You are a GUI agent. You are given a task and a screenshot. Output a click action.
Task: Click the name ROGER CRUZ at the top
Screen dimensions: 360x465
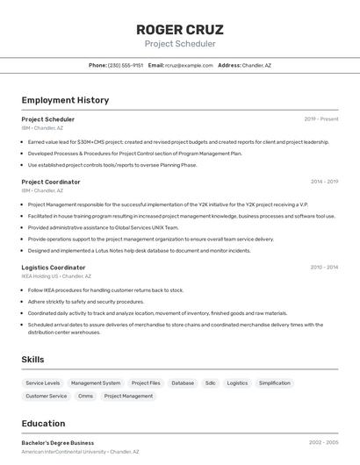click(x=179, y=29)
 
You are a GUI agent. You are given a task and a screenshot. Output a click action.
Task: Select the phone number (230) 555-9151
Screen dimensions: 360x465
click(x=126, y=65)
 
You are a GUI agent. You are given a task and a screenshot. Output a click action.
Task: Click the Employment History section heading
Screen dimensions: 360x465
click(x=65, y=100)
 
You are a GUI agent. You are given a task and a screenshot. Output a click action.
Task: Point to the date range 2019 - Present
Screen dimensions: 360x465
click(x=320, y=119)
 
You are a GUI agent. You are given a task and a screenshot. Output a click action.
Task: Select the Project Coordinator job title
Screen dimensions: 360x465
click(x=51, y=182)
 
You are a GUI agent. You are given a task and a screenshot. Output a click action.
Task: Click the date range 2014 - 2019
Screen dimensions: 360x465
click(x=324, y=182)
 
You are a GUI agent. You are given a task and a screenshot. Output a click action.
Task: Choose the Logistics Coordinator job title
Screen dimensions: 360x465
click(x=54, y=268)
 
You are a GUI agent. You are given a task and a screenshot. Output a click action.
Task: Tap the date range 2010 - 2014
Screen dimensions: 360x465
click(x=324, y=268)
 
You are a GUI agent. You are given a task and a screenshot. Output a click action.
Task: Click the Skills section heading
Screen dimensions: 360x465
click(x=32, y=360)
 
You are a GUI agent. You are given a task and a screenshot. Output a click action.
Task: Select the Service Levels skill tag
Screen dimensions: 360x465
click(x=43, y=383)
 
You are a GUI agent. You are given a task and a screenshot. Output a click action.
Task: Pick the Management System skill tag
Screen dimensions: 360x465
click(x=96, y=383)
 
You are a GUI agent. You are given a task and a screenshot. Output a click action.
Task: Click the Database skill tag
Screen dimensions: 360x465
click(x=183, y=383)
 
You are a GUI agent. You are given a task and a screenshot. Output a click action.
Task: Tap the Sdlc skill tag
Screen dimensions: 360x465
click(x=211, y=383)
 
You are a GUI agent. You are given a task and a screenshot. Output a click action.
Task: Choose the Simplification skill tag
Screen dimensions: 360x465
click(x=275, y=383)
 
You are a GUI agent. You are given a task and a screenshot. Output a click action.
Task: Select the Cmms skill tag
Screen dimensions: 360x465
click(x=85, y=396)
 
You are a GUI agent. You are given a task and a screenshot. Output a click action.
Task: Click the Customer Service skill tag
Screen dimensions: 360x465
click(x=47, y=396)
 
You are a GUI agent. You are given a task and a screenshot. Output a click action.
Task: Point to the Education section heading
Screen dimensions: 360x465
click(x=43, y=424)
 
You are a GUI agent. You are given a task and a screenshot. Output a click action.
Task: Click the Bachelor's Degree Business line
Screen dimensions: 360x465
click(x=58, y=443)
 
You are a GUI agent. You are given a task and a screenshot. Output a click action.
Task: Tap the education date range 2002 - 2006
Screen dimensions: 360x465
click(x=323, y=443)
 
